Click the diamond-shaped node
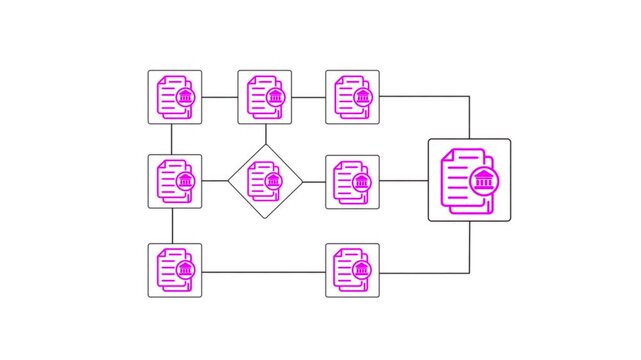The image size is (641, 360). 265,181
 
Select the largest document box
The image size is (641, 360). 469,180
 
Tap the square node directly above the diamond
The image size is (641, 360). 265,97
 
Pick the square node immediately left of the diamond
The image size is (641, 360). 175,181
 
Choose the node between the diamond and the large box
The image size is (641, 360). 353,181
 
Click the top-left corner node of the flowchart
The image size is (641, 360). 175,97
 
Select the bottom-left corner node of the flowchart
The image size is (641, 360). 175,270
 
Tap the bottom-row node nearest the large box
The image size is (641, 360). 353,270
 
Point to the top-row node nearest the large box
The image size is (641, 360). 353,97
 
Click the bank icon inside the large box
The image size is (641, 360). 484,181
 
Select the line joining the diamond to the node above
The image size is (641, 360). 265,134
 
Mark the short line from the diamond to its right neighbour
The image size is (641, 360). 314,181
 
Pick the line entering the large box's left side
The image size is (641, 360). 404,181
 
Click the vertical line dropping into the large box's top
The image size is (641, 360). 469,117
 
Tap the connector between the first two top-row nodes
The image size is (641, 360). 220,97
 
